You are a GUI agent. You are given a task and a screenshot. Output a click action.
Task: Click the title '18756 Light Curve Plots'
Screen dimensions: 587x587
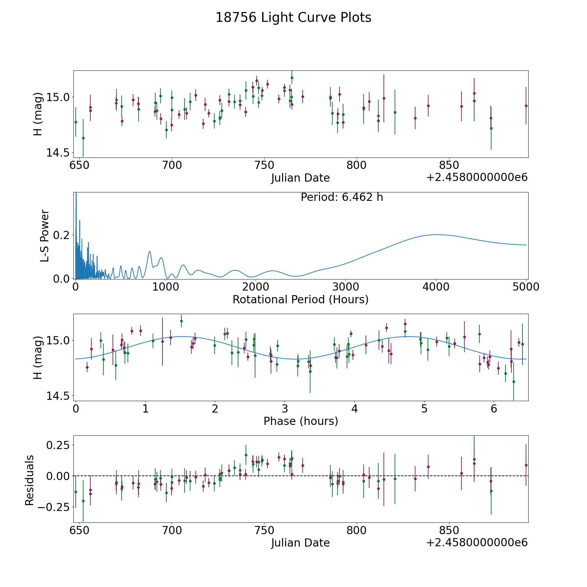click(x=293, y=18)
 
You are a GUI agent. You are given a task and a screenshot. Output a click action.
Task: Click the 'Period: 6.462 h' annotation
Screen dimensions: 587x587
click(x=342, y=197)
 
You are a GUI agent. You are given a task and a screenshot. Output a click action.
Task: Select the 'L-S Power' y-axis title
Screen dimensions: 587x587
click(x=45, y=236)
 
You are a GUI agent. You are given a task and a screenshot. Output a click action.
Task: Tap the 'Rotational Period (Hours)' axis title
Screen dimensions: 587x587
click(x=300, y=299)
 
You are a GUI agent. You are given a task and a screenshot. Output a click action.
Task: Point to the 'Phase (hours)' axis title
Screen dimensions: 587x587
click(x=301, y=421)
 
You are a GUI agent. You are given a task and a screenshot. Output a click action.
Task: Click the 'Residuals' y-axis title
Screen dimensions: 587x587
click(x=30, y=480)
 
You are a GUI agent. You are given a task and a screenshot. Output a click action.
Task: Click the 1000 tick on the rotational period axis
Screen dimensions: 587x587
click(x=166, y=287)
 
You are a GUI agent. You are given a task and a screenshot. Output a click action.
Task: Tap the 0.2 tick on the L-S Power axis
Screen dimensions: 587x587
click(x=62, y=235)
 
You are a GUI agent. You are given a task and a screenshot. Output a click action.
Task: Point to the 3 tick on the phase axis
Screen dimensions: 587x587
click(x=285, y=409)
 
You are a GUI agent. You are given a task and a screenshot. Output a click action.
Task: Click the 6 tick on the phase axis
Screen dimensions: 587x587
click(x=494, y=409)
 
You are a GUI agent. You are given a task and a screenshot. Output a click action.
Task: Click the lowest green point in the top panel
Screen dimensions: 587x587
click(x=83, y=138)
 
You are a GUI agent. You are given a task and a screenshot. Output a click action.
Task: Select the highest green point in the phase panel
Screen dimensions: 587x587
click(x=181, y=321)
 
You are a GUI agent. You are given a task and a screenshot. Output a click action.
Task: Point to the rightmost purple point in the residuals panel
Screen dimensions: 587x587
click(x=526, y=465)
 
